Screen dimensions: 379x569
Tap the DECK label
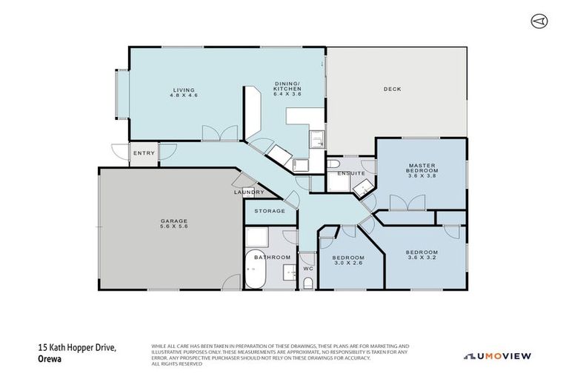tap(392, 90)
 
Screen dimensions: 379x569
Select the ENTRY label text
tap(144, 153)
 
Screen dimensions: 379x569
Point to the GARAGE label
tap(175, 221)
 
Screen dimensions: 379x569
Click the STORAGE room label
tap(270, 211)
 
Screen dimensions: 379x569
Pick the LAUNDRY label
tap(248, 192)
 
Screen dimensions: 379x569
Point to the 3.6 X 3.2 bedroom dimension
tap(422, 258)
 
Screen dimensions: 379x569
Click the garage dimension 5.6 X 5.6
tap(175, 227)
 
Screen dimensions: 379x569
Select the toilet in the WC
tap(307, 282)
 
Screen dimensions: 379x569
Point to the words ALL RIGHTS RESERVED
tap(179, 364)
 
